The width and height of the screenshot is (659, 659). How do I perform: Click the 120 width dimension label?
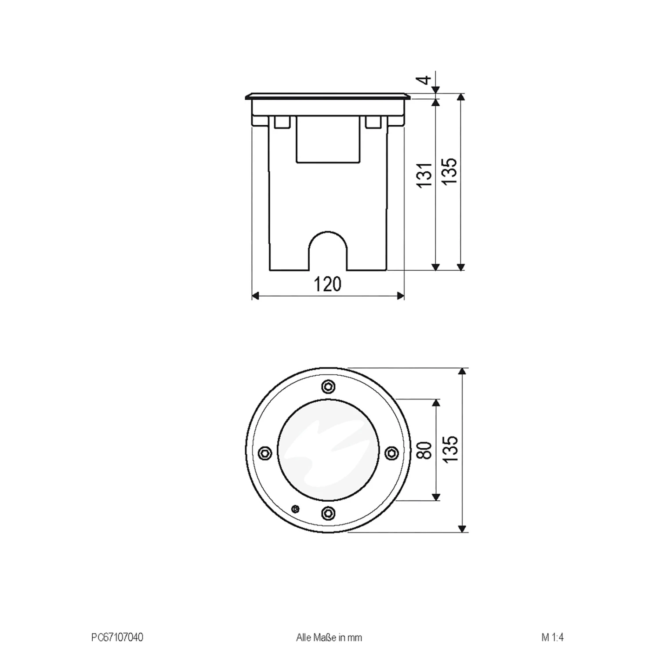click(328, 284)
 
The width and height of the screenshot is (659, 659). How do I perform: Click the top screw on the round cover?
click(328, 386)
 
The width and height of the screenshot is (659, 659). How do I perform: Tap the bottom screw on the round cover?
click(328, 512)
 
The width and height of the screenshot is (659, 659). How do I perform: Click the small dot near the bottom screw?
click(295, 509)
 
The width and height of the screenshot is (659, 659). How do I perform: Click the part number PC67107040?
click(117, 637)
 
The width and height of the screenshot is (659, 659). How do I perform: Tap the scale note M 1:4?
click(552, 637)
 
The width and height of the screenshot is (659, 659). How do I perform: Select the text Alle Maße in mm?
click(329, 637)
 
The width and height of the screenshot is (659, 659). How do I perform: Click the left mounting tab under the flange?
click(282, 122)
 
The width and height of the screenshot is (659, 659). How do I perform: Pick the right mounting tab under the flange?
click(373, 122)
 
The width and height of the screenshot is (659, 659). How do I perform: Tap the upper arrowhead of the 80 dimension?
click(436, 403)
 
